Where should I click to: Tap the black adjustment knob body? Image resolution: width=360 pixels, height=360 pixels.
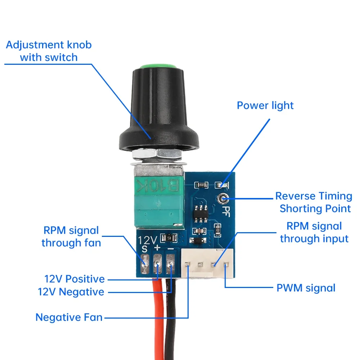tap(158, 108)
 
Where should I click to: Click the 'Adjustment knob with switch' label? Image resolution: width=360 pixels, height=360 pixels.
tap(49, 51)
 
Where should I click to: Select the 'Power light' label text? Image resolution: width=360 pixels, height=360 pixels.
tap(265, 105)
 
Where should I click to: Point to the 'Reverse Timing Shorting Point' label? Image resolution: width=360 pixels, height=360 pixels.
tap(313, 202)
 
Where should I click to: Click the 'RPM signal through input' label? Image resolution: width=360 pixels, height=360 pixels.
tap(314, 232)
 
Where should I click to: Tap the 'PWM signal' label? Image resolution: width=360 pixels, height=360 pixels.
tap(306, 288)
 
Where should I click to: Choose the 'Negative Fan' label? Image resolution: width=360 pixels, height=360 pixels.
tap(69, 318)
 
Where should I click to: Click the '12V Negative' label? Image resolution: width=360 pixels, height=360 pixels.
tap(71, 292)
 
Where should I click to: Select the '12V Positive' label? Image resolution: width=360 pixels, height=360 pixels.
tap(75, 279)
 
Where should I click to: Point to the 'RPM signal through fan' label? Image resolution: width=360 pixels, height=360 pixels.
tap(71, 237)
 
